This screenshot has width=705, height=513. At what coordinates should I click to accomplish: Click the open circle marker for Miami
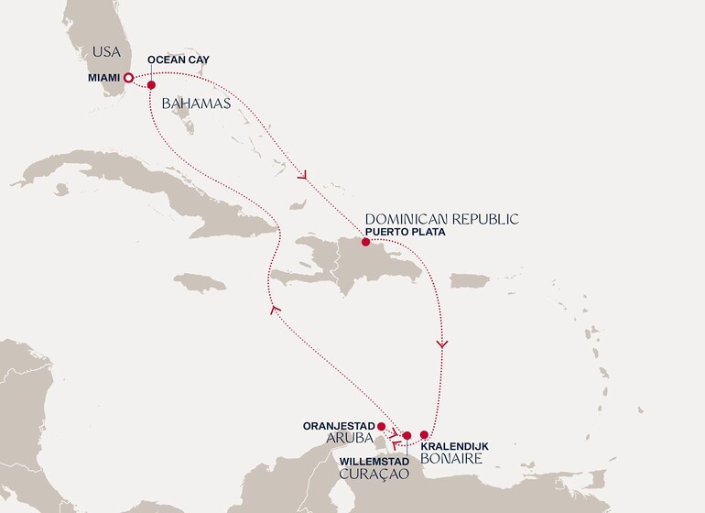tap(129, 78)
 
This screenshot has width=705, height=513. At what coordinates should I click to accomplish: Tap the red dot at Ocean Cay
tap(151, 84)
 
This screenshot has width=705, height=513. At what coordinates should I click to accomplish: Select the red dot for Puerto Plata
tap(366, 243)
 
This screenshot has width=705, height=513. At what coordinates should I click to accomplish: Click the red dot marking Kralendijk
tap(424, 435)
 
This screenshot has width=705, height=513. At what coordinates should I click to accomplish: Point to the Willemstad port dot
tap(407, 436)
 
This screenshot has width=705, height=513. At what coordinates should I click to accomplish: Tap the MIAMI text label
tap(102, 78)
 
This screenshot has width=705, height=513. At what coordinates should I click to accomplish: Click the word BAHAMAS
tap(196, 104)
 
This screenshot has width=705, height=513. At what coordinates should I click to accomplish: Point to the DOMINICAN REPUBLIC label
tap(441, 219)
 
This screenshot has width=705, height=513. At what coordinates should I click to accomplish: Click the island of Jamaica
tap(199, 282)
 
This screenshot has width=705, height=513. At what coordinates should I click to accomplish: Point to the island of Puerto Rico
tap(470, 280)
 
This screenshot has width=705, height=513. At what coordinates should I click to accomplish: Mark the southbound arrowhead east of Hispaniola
tap(443, 344)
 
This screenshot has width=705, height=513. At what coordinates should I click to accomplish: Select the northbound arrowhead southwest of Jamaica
tap(272, 311)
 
